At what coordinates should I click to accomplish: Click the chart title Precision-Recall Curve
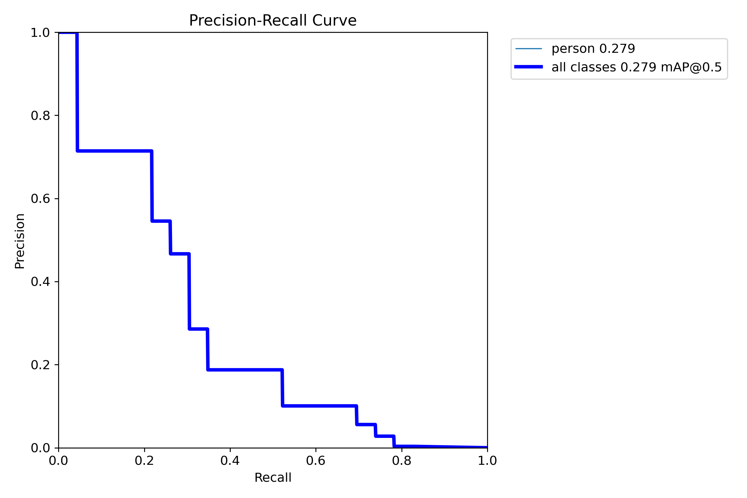point(273,21)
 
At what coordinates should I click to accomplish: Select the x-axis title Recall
point(273,477)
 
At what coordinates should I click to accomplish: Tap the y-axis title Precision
point(20,241)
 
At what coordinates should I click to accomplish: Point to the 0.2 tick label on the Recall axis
point(144,460)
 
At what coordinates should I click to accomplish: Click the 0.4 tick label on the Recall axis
point(230,460)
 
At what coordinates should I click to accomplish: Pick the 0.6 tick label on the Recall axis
point(315,460)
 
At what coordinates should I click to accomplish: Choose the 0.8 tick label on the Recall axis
point(401,460)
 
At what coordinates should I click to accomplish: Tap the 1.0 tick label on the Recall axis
point(487,460)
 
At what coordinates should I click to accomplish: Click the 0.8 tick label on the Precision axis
point(40,116)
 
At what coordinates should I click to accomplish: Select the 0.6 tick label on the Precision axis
point(40,199)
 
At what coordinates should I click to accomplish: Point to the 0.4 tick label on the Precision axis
point(40,282)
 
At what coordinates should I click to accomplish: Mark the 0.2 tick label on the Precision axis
point(40,365)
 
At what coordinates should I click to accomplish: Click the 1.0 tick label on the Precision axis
point(40,33)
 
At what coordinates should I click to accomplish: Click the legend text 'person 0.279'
point(593,49)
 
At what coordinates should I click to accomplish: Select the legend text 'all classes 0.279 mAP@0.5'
point(636,67)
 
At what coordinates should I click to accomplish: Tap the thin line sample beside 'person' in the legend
point(529,49)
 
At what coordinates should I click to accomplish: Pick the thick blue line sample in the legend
point(529,67)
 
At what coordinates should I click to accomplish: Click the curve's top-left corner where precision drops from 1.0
point(77,33)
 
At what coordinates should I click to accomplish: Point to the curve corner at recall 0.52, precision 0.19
point(282,370)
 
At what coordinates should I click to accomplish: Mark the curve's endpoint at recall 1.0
point(487,447)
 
